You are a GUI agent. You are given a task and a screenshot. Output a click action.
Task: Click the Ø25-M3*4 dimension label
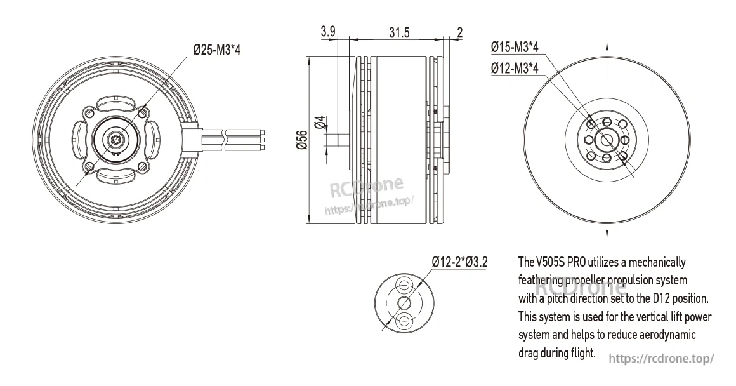tap(216, 50)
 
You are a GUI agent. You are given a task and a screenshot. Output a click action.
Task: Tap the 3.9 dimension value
tap(328, 32)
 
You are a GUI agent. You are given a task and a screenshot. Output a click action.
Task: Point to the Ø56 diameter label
tap(302, 140)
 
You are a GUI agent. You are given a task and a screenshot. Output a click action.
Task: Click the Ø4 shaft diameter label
tap(320, 123)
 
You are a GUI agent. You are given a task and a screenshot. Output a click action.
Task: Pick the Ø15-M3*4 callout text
tap(515, 48)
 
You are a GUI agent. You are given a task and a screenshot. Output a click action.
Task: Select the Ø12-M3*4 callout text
tap(515, 69)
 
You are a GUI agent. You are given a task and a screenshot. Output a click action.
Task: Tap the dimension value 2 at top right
tap(459, 32)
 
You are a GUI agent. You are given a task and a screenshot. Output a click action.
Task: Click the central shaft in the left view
tap(116, 139)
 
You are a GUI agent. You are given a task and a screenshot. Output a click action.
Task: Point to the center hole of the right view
tap(607, 140)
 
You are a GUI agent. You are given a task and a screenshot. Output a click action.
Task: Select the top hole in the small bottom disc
tap(404, 284)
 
